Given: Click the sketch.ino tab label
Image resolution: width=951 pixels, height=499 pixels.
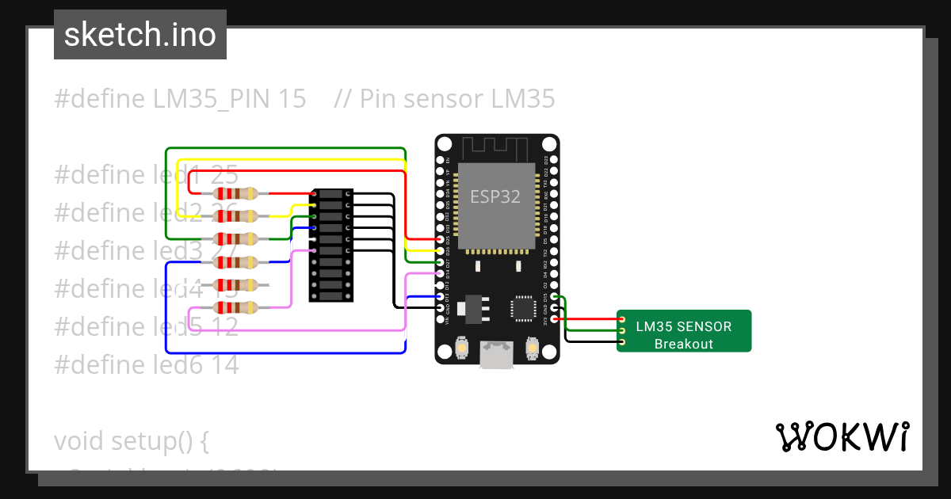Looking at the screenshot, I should pyautogui.click(x=140, y=36).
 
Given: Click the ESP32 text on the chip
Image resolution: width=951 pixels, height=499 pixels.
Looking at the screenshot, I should pyautogui.click(x=495, y=196).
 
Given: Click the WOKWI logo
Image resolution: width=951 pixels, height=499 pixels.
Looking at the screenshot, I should pyautogui.click(x=841, y=436).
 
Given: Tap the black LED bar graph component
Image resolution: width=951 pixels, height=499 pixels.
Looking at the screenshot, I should pyautogui.click(x=331, y=246).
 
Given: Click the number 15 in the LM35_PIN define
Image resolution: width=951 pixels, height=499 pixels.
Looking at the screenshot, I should pyautogui.click(x=292, y=99).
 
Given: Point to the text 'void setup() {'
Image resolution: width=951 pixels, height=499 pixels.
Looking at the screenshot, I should pyautogui.click(x=132, y=441).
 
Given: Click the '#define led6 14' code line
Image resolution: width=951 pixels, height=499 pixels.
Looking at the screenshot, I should pyautogui.click(x=147, y=365).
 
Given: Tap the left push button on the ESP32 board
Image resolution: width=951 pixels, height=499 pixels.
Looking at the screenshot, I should pyautogui.click(x=462, y=348).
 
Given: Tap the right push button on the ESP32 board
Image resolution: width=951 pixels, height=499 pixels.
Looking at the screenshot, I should pyautogui.click(x=532, y=348).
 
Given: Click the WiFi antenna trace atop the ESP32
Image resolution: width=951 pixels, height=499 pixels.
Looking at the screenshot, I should pyautogui.click(x=496, y=147).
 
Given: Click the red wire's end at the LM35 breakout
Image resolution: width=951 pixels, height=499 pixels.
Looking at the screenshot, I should pyautogui.click(x=621, y=319).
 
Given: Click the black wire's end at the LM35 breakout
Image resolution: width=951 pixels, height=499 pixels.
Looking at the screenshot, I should pyautogui.click(x=621, y=342).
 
